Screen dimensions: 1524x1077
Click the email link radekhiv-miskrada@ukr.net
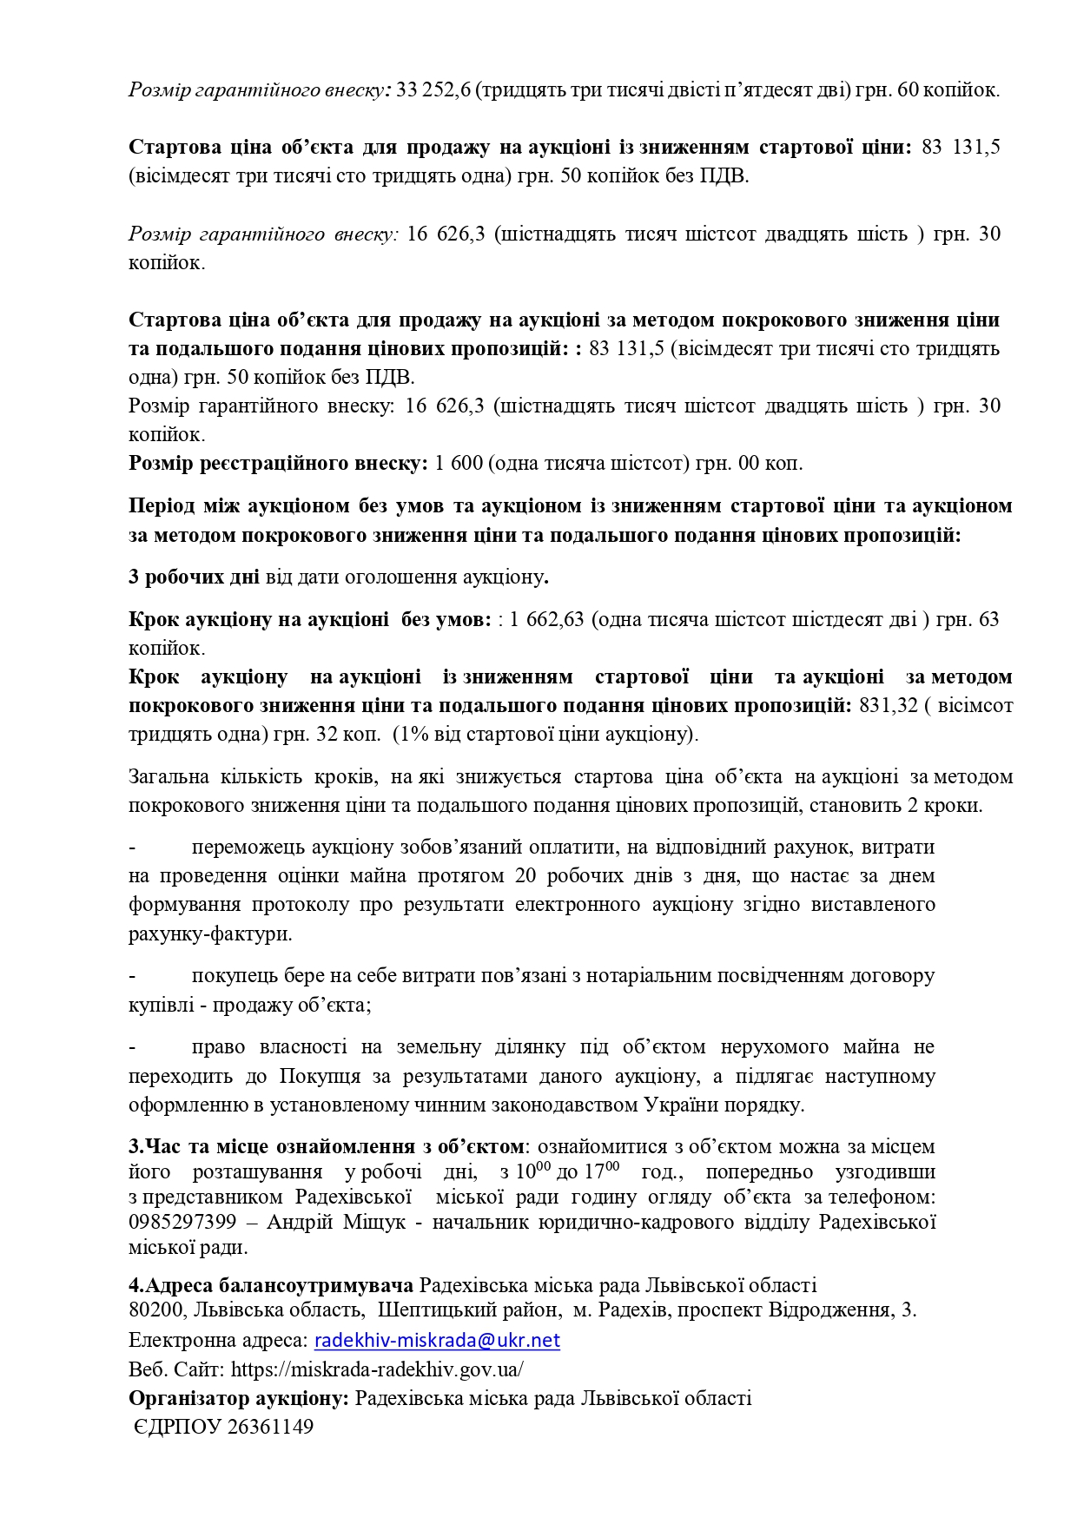[437, 1340]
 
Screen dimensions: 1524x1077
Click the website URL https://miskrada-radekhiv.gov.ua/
[377, 1369]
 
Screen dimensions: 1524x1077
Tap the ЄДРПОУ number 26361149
[269, 1427]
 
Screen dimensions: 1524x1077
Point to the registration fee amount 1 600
[459, 463]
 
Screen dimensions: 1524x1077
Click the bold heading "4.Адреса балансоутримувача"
[271, 1284]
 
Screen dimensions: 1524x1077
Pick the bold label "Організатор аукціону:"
[239, 1398]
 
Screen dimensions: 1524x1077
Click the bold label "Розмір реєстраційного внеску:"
[278, 463]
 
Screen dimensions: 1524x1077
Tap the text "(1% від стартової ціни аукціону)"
[545, 734]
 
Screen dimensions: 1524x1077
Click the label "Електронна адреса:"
[218, 1340]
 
